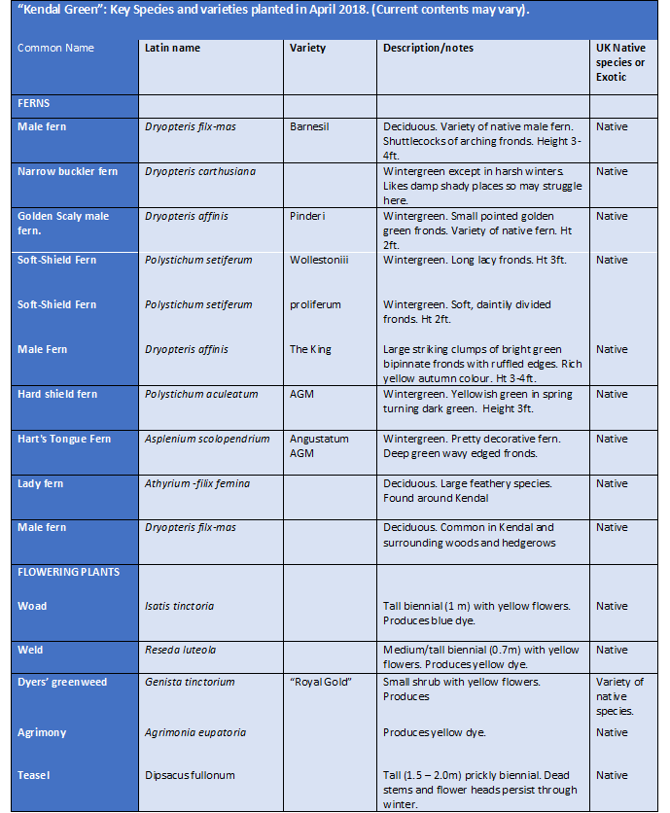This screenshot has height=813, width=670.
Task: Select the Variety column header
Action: (x=307, y=48)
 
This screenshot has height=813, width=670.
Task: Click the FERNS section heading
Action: (x=34, y=102)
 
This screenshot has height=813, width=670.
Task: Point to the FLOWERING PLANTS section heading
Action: (x=68, y=572)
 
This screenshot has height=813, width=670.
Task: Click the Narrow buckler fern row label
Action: (x=67, y=171)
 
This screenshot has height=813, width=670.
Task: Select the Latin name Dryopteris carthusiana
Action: (x=200, y=171)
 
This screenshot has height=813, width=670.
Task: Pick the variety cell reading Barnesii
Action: (x=312, y=126)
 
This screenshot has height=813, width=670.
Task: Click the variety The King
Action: (x=312, y=349)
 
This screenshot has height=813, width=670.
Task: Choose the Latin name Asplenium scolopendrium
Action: (x=207, y=439)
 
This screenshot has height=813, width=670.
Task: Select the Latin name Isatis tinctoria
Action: (x=179, y=606)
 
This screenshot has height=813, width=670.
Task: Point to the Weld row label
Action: (x=31, y=650)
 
